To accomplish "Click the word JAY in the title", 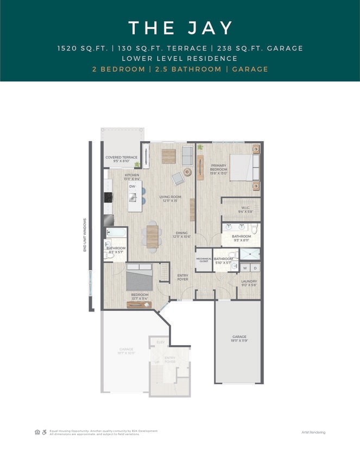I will pos(209,28).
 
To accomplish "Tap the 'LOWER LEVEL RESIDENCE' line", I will pos(180,58).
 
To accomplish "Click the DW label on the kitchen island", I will pos(132,186).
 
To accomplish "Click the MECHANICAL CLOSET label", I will pos(204,260).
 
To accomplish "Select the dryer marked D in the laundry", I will pos(255,268).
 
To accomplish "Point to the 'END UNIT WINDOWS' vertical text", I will pos(85,235).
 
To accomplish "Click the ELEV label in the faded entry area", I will pos(160,342).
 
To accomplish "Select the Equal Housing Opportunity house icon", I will pos(37,432).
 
